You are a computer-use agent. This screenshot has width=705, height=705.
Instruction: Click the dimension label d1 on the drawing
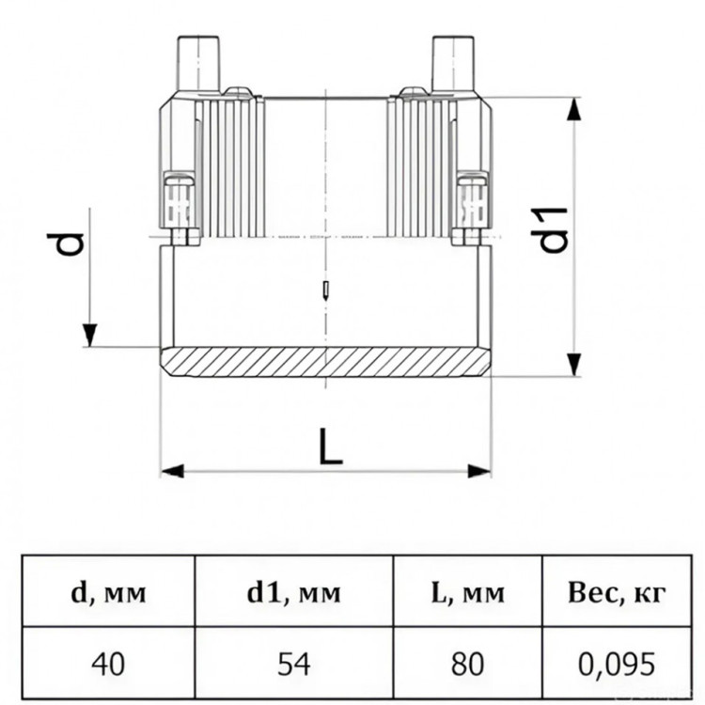(x=554, y=229)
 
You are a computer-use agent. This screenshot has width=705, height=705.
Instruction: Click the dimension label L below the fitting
(x=331, y=446)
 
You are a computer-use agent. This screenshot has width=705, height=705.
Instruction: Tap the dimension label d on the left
(x=67, y=243)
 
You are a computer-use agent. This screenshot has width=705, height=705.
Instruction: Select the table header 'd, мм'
(x=108, y=593)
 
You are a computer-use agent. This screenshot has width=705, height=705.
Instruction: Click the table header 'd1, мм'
(x=294, y=593)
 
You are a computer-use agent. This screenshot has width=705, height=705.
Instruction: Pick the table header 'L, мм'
(x=467, y=593)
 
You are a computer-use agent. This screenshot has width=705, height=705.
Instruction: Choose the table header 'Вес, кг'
(x=617, y=593)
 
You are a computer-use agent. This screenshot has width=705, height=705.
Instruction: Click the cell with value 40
(x=108, y=664)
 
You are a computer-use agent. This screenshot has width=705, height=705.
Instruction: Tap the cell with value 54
(x=294, y=664)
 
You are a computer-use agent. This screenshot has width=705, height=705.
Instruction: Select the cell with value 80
(x=467, y=664)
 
